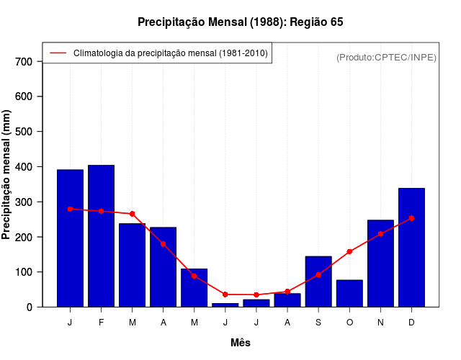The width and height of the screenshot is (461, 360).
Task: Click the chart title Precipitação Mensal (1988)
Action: point(240,22)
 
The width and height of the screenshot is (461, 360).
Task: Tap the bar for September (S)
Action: point(318,282)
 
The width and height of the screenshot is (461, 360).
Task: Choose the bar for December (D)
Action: point(411,248)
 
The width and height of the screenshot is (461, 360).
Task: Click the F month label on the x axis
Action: point(101,323)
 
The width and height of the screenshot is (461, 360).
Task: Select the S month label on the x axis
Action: point(318,323)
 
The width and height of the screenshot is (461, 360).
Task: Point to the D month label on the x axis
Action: point(411,323)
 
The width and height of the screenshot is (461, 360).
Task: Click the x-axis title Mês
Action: point(241,343)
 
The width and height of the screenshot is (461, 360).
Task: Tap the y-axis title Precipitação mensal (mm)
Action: point(7,174)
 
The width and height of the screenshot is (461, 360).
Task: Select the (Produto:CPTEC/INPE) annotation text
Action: point(386,57)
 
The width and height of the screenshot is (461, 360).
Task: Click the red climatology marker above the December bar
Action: point(411,218)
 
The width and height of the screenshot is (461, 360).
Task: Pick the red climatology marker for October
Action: point(349,252)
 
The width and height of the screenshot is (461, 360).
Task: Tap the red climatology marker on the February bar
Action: point(101,211)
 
